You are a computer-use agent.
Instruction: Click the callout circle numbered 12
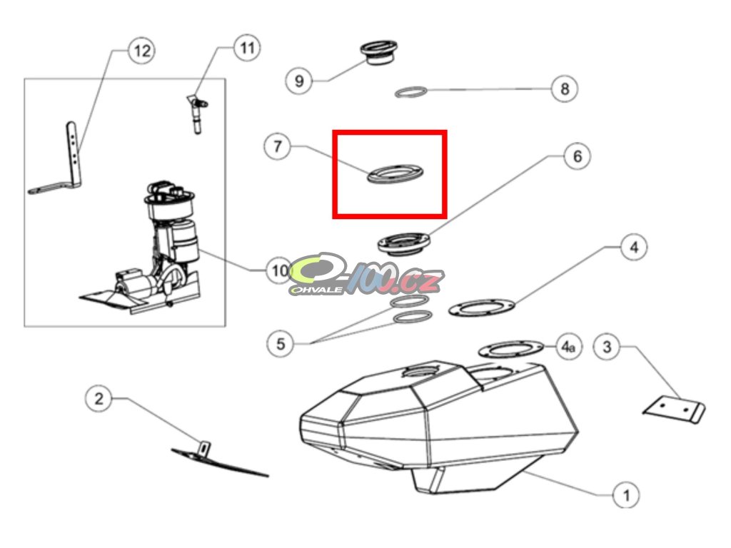(x=142, y=51)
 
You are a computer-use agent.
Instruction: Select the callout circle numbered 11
(x=246, y=48)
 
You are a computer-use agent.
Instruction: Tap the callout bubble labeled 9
(x=299, y=81)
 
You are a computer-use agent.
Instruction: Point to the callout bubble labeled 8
(x=564, y=88)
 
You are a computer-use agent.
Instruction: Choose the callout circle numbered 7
(x=278, y=146)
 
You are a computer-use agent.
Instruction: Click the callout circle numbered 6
(x=577, y=156)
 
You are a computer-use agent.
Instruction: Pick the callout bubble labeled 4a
(x=568, y=347)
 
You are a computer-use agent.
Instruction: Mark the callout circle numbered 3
(x=607, y=347)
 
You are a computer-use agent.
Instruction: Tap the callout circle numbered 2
(x=99, y=399)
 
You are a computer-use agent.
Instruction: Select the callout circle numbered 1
(x=625, y=495)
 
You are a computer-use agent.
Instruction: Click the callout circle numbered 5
(x=280, y=344)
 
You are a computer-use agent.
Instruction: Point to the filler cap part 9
(x=378, y=53)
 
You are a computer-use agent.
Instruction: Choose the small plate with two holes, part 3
(x=674, y=409)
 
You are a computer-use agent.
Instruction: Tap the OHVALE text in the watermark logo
(x=316, y=290)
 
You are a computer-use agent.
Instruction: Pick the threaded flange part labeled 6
(x=404, y=244)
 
